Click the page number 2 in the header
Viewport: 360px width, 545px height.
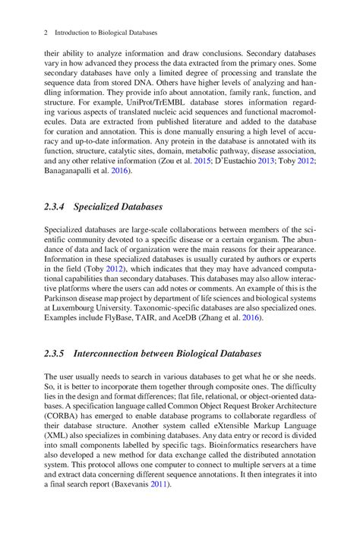coord(46,34)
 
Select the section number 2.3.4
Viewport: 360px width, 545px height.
coord(55,206)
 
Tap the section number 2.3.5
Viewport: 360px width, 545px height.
coord(55,353)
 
